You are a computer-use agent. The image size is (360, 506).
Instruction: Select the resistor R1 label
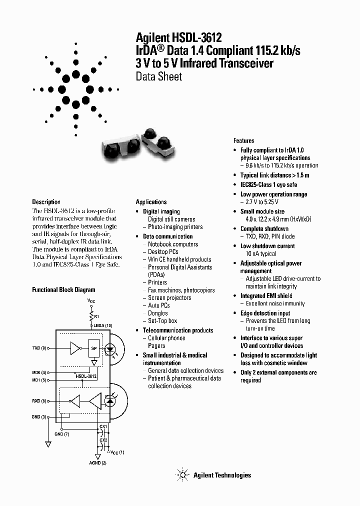coord(96,317)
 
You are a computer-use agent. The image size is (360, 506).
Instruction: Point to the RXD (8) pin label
coord(40,400)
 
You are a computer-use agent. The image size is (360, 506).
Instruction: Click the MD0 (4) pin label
coord(40,372)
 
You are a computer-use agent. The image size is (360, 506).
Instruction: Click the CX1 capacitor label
coord(103,426)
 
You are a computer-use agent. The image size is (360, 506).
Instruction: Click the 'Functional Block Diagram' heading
coord(63,289)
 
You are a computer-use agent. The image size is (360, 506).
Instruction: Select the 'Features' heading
coord(243,141)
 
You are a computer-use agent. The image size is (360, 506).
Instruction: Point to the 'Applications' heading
coord(151,202)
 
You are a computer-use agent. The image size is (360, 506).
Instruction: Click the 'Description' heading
coord(46,202)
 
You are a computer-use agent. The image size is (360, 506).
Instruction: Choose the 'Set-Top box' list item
coord(162,321)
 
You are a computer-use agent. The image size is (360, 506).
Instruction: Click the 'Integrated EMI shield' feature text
coord(266,296)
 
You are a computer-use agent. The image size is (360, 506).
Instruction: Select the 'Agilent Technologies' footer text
coord(222,475)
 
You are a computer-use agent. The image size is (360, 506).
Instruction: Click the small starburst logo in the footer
coord(182,475)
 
